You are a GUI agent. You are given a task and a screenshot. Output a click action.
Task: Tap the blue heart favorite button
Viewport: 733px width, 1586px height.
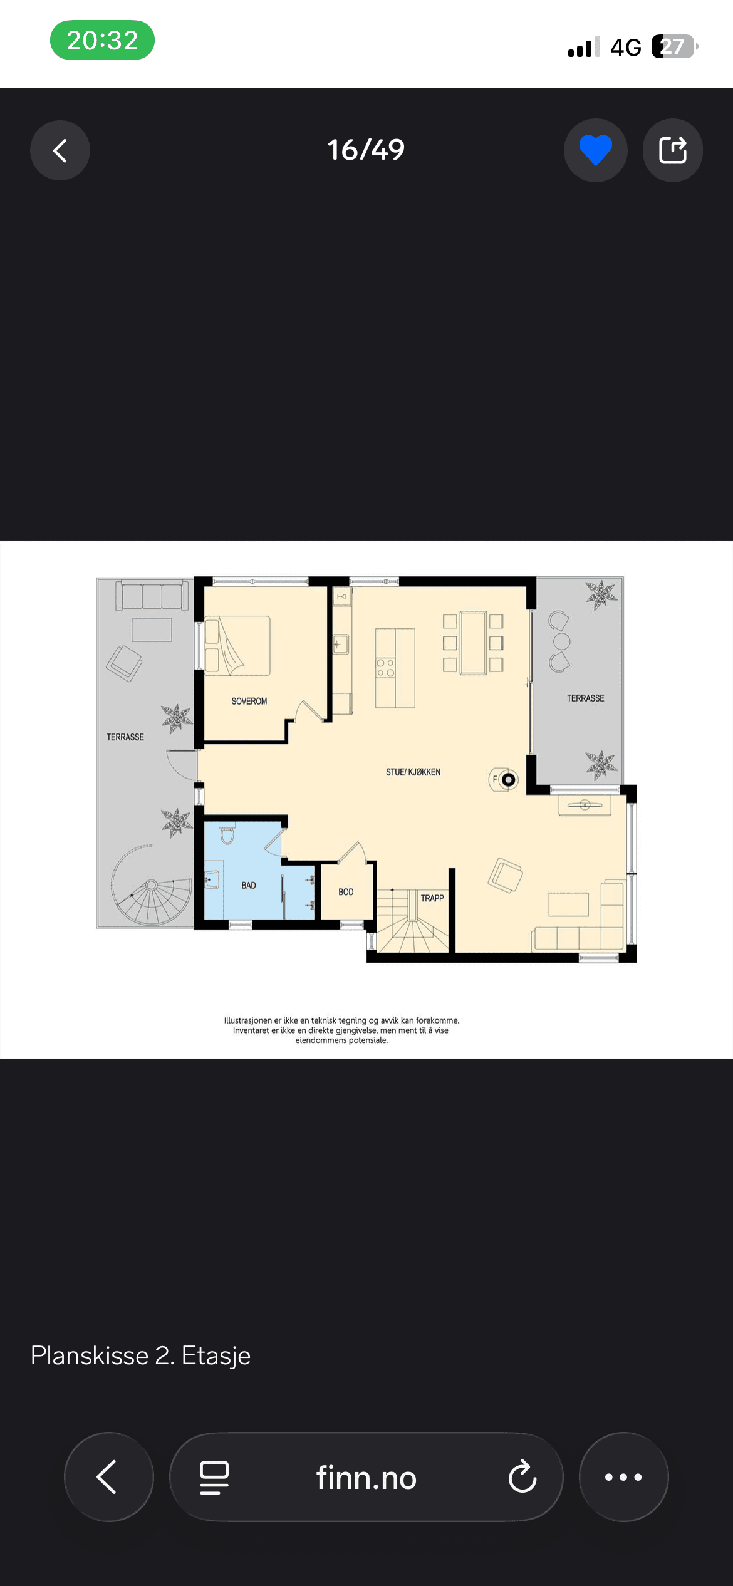(595, 150)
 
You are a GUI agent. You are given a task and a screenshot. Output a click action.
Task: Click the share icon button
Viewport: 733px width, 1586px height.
(673, 150)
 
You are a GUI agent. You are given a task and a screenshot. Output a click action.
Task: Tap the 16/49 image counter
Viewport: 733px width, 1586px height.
(366, 150)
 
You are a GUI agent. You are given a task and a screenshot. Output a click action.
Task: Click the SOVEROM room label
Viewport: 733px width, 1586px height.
(249, 701)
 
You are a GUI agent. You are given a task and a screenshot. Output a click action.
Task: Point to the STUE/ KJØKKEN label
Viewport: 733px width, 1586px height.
(413, 772)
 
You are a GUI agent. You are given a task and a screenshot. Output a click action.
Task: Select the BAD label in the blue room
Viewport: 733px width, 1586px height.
(249, 886)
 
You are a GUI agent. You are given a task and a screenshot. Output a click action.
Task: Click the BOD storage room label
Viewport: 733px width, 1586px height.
(346, 892)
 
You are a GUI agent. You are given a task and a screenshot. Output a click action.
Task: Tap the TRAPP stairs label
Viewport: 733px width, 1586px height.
(432, 898)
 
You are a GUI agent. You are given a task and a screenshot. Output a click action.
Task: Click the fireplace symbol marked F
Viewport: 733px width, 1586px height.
(504, 780)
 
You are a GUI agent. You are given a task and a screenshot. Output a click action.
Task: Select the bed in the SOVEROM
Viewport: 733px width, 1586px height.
(238, 646)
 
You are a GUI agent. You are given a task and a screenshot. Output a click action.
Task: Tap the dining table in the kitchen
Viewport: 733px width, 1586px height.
(473, 643)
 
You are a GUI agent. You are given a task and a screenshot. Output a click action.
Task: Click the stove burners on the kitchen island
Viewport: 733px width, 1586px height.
(385, 668)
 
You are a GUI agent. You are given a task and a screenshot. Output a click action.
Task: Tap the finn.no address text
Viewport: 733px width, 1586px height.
(366, 1478)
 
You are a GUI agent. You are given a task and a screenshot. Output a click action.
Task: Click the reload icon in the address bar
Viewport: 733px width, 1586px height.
(522, 1477)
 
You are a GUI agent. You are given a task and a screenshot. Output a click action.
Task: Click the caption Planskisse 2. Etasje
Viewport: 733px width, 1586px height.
(141, 1355)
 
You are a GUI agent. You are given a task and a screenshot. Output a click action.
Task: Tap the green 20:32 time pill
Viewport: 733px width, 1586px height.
(102, 40)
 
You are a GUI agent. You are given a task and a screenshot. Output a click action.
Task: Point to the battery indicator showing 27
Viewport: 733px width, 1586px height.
(675, 46)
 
